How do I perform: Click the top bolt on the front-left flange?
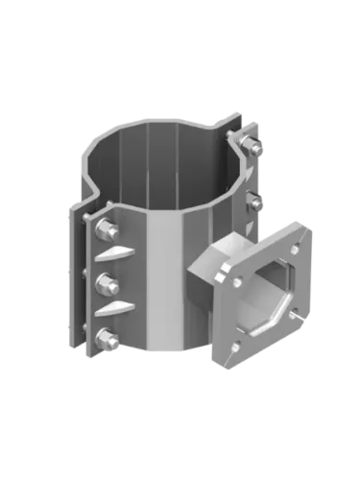pos(108,230)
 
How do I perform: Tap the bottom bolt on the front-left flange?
pos(108,337)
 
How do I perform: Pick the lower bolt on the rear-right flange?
pos(253,199)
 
